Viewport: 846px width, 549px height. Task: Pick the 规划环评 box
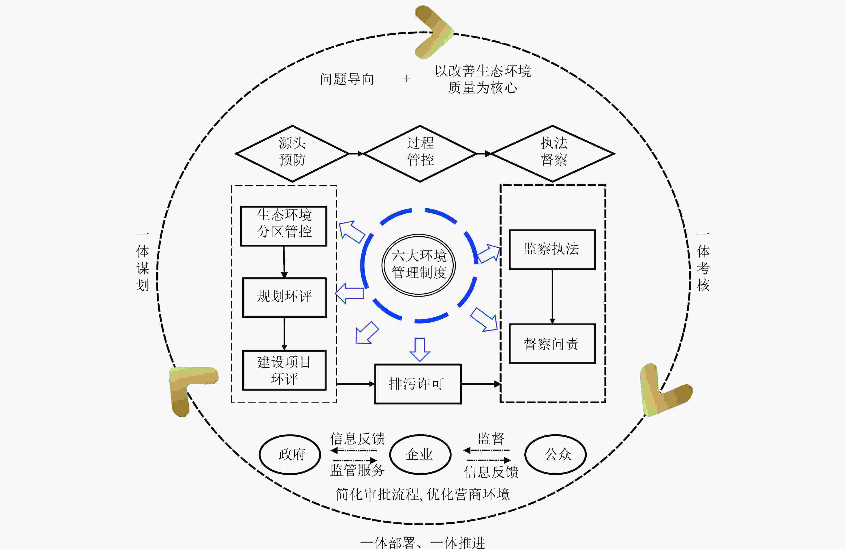(284, 297)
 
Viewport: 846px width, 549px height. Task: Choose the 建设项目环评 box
(284, 370)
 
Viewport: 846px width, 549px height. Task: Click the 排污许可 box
(418, 384)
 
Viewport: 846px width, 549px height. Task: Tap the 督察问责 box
(552, 344)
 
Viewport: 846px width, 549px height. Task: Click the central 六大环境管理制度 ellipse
(419, 265)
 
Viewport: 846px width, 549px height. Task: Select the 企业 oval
(420, 454)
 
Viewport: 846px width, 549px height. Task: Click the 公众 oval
(555, 454)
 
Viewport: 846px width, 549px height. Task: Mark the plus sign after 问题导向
(407, 78)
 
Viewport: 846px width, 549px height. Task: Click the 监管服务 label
(357, 470)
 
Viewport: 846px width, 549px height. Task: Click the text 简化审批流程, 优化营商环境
(423, 494)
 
